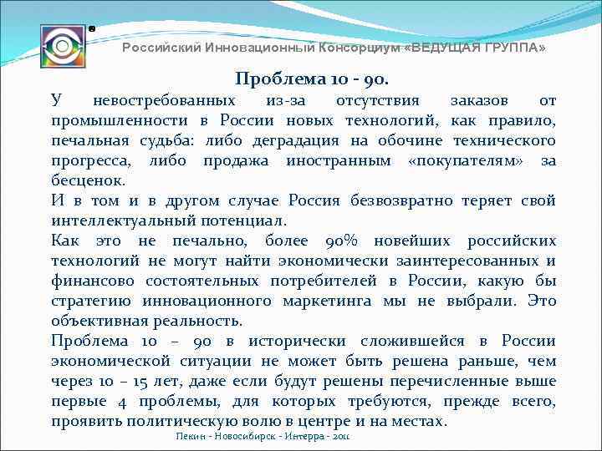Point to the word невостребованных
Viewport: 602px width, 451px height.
[x=158, y=101]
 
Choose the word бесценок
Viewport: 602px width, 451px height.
[x=88, y=180]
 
